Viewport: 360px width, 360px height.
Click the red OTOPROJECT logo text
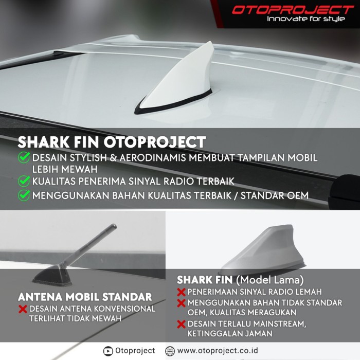coord(293,10)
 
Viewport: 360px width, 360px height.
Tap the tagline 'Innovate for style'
coord(306,19)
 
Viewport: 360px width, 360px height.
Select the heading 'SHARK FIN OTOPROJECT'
coord(112,142)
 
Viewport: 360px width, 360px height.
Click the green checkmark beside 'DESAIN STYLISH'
coord(24,157)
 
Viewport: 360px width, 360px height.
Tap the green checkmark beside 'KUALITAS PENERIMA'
coord(24,181)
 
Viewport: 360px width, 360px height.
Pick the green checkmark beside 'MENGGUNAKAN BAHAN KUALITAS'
coord(24,195)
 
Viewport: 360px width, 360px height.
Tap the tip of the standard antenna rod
coord(114,226)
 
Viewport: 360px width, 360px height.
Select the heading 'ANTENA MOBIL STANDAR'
coord(85,297)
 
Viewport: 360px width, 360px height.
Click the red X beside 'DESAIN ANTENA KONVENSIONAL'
coord(23,309)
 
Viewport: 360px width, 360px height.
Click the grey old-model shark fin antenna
coord(262,249)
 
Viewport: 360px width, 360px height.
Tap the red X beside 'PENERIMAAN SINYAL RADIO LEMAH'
coord(181,292)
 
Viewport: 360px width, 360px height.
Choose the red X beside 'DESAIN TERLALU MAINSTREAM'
coord(181,324)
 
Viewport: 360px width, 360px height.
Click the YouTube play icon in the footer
coord(108,351)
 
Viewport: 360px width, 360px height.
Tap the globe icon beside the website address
coord(170,351)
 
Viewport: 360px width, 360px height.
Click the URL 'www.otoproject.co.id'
coord(218,351)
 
